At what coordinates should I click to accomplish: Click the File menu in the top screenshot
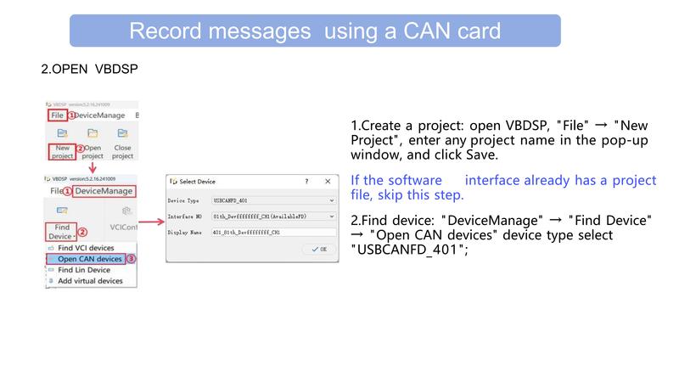tap(57, 115)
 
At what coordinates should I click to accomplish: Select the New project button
tap(62, 151)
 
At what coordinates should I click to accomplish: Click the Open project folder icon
tap(93, 134)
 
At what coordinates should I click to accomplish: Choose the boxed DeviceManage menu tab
tap(104, 191)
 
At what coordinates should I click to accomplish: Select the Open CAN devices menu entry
tap(89, 259)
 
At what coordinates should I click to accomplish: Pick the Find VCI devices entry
tap(84, 248)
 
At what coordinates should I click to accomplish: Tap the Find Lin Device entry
tap(84, 270)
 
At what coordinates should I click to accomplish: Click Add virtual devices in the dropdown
tap(89, 281)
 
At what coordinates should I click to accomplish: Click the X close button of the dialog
tap(328, 182)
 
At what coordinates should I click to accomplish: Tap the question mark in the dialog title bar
tap(306, 182)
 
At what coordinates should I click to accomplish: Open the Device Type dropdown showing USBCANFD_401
tap(274, 200)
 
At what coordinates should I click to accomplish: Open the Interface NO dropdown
tap(274, 216)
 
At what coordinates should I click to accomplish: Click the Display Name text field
tap(274, 232)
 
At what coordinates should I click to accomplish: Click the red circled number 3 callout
tap(131, 259)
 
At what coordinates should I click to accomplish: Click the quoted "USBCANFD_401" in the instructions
tap(408, 250)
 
